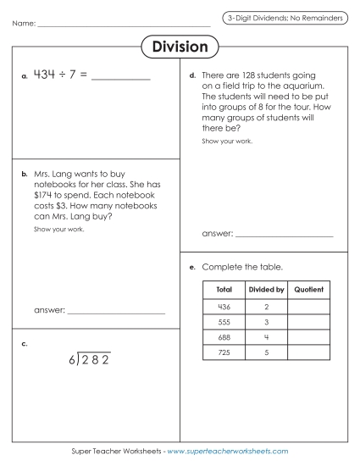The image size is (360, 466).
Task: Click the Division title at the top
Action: click(x=180, y=47)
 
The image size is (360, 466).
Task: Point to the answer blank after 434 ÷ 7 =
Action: click(x=120, y=77)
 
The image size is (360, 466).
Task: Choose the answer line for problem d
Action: click(x=284, y=233)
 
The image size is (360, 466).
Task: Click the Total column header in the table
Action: click(x=224, y=290)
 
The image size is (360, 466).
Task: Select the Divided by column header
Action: click(x=266, y=290)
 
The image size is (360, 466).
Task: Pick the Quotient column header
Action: click(x=308, y=290)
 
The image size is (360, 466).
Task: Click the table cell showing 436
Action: click(x=224, y=306)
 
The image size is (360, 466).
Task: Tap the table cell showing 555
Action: click(x=224, y=322)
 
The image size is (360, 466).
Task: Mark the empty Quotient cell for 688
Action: click(x=308, y=337)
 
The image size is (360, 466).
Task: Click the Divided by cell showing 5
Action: click(x=266, y=352)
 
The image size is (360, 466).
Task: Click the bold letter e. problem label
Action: click(x=193, y=268)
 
